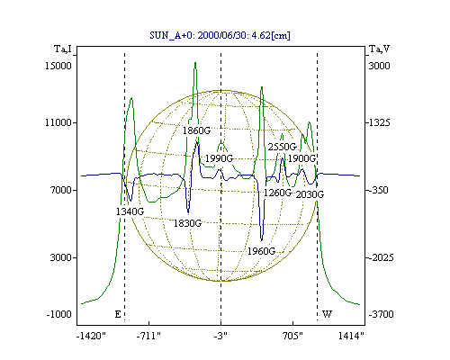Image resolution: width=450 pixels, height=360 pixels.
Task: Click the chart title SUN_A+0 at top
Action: [220, 35]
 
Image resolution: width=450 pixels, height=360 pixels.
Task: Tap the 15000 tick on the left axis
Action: [58, 66]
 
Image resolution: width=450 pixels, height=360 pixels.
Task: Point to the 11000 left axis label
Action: [58, 122]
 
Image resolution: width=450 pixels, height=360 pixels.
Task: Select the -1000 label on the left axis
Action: [59, 314]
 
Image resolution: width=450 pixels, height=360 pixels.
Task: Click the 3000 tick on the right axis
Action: [379, 66]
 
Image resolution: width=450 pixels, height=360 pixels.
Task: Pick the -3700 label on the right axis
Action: [381, 314]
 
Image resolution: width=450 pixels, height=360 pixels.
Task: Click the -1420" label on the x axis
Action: [92, 336]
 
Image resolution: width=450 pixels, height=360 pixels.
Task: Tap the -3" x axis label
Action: [220, 336]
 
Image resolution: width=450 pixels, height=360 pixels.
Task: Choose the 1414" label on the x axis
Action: [351, 336]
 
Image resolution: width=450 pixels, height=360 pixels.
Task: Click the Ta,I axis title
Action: [63, 49]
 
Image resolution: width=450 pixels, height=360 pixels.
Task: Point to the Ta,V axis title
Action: [379, 49]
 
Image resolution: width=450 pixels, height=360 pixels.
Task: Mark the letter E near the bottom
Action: [118, 314]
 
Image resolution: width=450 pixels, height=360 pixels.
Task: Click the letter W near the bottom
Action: [327, 314]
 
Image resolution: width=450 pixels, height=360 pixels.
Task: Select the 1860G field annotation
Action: [197, 130]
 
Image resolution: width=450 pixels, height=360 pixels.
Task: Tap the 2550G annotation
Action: [282, 147]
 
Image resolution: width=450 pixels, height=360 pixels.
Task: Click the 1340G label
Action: [130, 211]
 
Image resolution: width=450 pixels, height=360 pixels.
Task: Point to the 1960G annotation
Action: [261, 251]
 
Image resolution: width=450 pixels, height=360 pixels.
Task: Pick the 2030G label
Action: [310, 194]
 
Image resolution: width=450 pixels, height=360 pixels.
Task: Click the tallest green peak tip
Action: [195, 62]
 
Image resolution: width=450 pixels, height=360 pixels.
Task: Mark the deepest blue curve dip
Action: [262, 240]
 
